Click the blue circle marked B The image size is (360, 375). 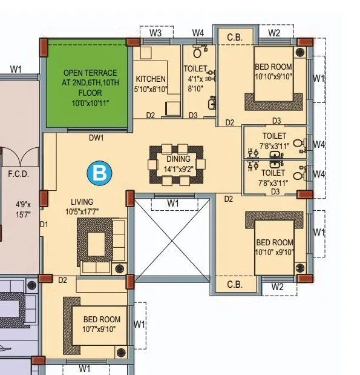click(x=99, y=173)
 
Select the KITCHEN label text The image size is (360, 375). click(x=151, y=79)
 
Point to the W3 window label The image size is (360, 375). click(x=155, y=33)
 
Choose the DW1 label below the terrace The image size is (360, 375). click(x=96, y=138)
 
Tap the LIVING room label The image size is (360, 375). click(x=82, y=202)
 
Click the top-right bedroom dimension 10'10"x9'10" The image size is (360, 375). click(x=273, y=76)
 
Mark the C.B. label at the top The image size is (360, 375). click(x=235, y=38)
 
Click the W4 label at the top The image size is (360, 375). click(x=198, y=33)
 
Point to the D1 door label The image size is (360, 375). click(x=44, y=225)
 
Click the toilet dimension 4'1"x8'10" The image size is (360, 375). click(x=195, y=83)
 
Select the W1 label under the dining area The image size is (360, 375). click(x=173, y=202)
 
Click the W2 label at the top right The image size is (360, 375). click(x=274, y=33)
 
